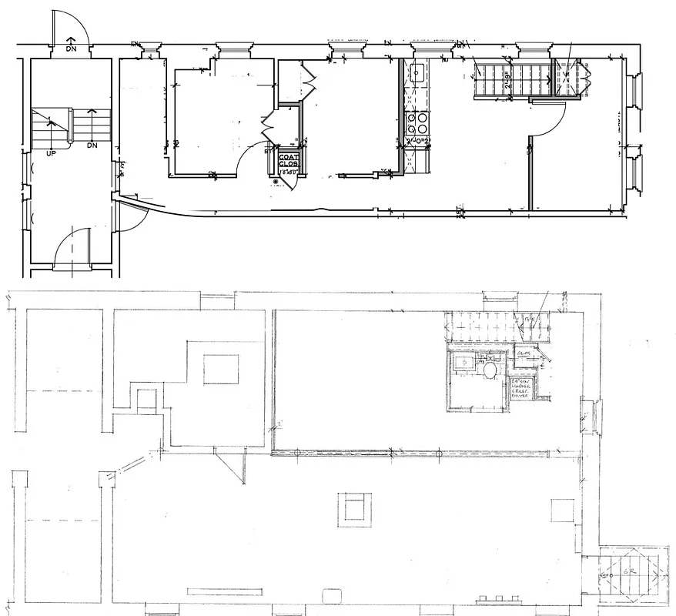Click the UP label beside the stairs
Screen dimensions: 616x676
(x=52, y=153)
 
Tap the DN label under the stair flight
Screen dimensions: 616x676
(x=92, y=145)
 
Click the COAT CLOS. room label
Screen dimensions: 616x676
(x=289, y=161)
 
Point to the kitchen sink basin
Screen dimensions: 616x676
(x=417, y=73)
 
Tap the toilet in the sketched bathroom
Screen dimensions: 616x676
(x=489, y=371)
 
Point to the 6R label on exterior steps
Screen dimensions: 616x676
(x=629, y=574)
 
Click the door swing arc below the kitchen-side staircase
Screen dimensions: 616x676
(x=551, y=122)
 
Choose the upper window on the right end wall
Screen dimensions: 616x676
(x=634, y=92)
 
